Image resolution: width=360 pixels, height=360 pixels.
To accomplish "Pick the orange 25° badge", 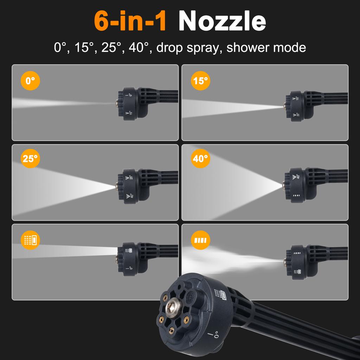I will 30,159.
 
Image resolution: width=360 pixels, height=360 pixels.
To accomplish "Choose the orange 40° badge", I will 200,159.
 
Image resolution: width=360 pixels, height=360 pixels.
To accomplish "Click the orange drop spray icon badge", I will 30,240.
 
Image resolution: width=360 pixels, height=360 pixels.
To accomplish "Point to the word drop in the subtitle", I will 169,47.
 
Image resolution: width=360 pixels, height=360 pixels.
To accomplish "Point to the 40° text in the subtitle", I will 139,47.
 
